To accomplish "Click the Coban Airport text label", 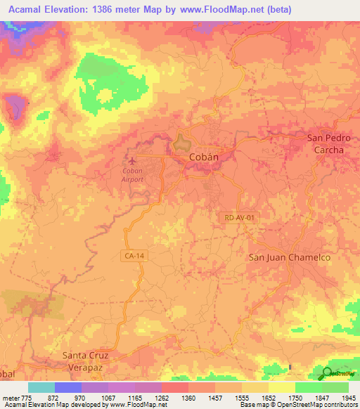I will pos(132,175).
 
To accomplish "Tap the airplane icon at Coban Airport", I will pos(128,159).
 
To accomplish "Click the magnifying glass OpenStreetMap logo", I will pos(328,374).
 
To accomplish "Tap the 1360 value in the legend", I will pos(188,398).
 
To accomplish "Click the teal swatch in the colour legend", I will pos(41,387).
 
